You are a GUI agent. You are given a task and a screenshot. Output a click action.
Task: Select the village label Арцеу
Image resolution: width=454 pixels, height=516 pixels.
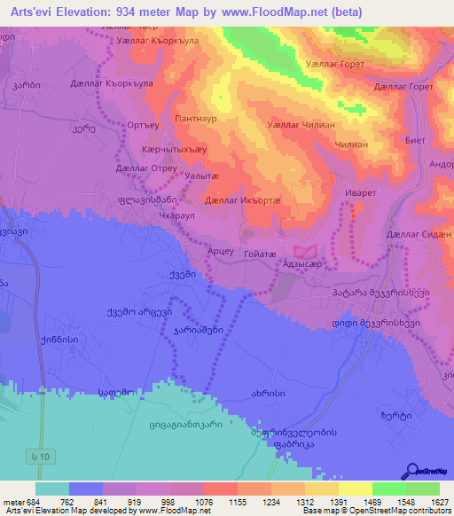pos(220,252)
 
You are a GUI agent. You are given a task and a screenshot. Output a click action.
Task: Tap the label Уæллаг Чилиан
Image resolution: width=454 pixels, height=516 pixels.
pos(301,126)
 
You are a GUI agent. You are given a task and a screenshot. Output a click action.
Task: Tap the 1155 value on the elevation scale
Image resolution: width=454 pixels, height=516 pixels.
pos(220,501)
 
